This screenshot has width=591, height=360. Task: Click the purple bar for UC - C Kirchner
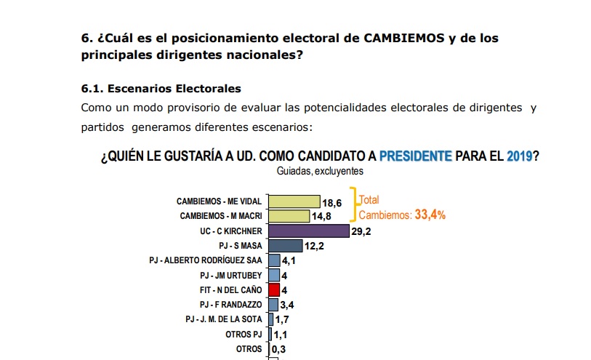pyautogui.click(x=308, y=231)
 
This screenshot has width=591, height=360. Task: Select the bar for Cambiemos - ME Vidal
pyautogui.click(x=294, y=201)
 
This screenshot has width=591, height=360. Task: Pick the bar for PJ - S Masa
pyautogui.click(x=286, y=246)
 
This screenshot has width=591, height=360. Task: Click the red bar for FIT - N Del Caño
pyautogui.click(x=274, y=289)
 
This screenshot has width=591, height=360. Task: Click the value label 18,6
pyautogui.click(x=332, y=203)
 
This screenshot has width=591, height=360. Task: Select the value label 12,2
pyautogui.click(x=314, y=247)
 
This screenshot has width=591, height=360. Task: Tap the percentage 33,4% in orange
pyautogui.click(x=430, y=215)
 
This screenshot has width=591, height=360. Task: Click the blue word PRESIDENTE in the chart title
pyautogui.click(x=415, y=156)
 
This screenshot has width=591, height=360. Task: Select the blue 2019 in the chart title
pyautogui.click(x=519, y=156)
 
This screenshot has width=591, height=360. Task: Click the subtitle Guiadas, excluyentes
pyautogui.click(x=320, y=172)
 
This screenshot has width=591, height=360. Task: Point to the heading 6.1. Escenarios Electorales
pyautogui.click(x=161, y=89)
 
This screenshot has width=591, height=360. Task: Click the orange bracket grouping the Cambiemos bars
pyautogui.click(x=354, y=204)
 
